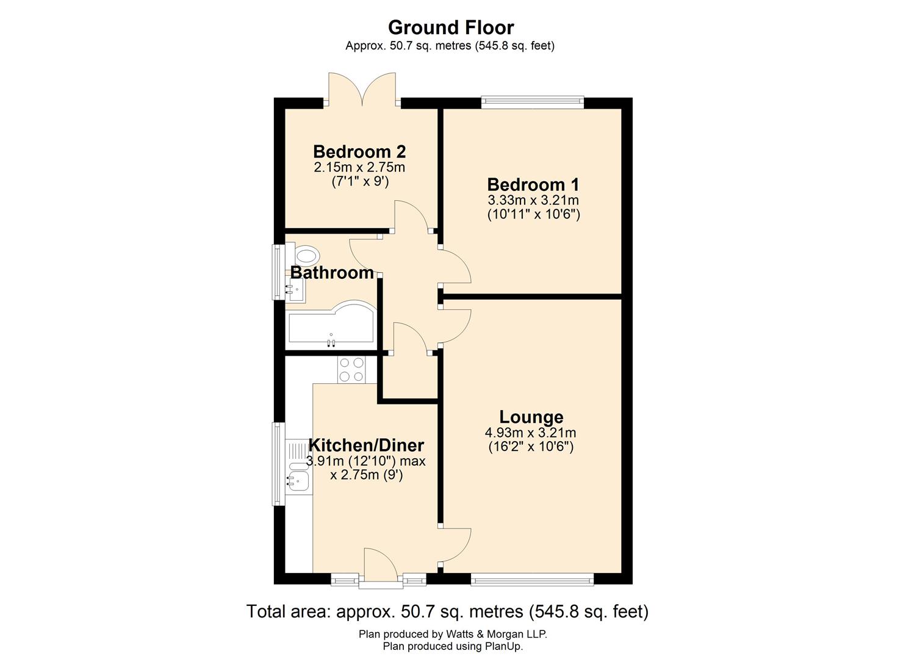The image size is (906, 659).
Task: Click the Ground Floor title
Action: point(451,27)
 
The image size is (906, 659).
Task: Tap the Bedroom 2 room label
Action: point(359,151)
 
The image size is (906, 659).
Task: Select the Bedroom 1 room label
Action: point(533,184)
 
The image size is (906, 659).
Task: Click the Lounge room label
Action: point(531,417)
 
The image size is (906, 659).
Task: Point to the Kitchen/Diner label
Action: point(366,445)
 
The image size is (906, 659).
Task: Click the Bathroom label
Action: point(332,273)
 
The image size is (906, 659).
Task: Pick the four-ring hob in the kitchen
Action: point(351,369)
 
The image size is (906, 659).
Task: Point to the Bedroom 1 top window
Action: point(532,103)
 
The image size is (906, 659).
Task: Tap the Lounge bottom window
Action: point(532,579)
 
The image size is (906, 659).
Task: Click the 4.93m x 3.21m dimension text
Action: point(530,433)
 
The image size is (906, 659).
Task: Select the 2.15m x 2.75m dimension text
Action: point(359,167)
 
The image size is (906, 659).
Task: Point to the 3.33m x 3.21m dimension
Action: point(533,200)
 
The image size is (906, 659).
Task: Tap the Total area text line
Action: point(447,611)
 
